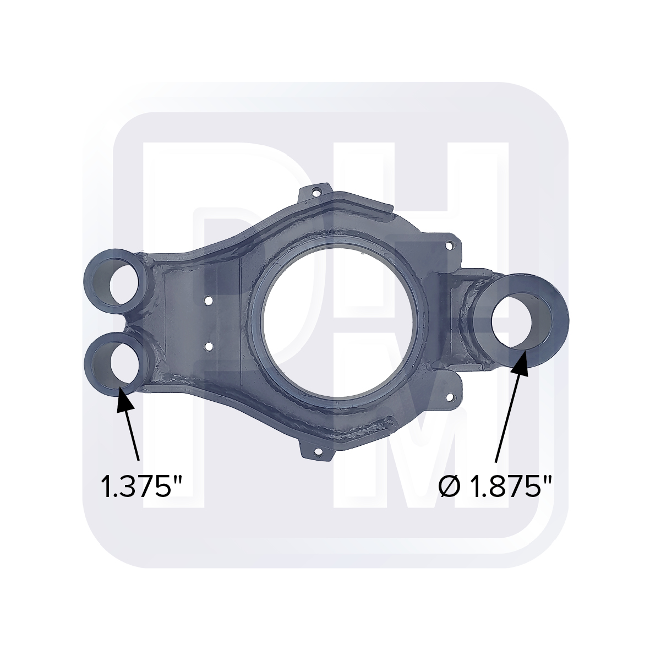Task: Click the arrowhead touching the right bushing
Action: coord(520,362)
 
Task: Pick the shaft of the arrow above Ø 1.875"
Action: coord(506,418)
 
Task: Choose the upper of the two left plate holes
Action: coord(209,301)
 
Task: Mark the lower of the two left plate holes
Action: coord(208,347)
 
